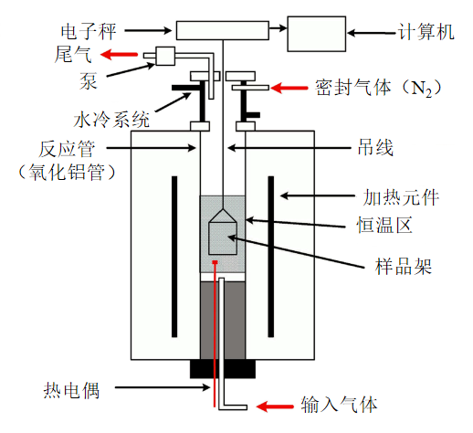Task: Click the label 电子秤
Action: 89,31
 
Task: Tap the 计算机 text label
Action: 426,32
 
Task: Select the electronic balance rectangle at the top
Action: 223,30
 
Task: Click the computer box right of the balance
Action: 317,34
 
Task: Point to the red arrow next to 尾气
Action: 119,55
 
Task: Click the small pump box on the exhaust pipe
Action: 165,56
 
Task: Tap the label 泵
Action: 89,81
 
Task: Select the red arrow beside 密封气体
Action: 289,88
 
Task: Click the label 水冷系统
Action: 111,120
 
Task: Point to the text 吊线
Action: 375,148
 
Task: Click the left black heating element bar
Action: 174,257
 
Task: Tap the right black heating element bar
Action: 271,257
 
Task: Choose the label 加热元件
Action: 401,197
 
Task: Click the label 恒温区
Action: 384,226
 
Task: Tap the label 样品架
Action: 403,267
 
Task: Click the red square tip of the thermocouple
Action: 215,262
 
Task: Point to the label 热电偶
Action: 71,390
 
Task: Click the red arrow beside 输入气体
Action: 275,407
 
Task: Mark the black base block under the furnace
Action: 223,369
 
